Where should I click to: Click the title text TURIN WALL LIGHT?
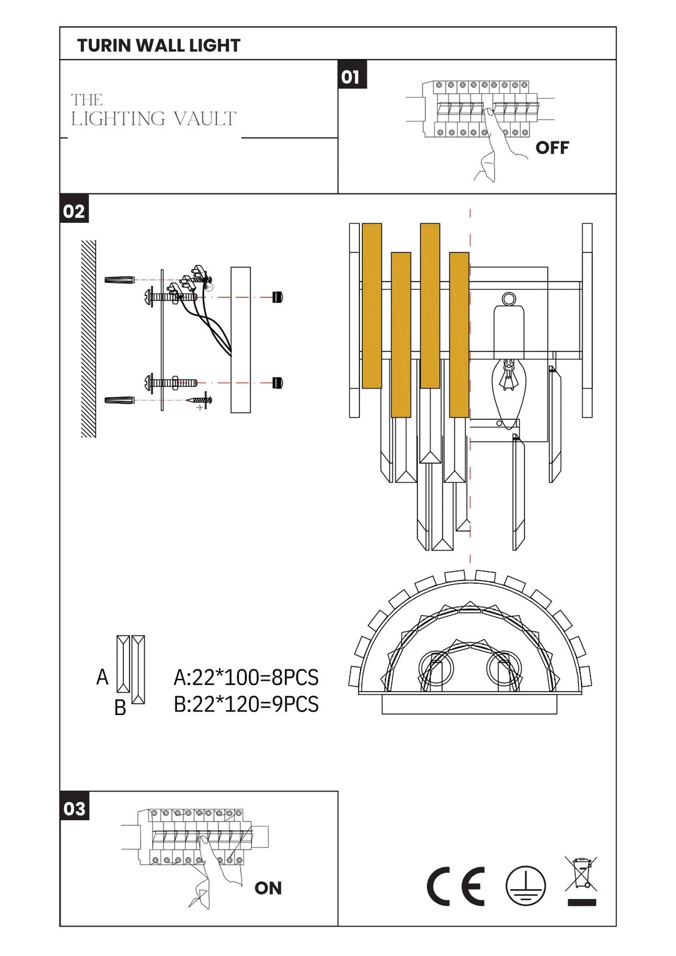(158, 46)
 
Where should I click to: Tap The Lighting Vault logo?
(153, 111)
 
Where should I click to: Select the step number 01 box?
(351, 76)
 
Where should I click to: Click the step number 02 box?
(74, 211)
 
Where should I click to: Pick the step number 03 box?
(74, 808)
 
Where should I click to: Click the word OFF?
(552, 148)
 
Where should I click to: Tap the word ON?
(268, 888)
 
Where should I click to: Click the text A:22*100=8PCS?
(246, 678)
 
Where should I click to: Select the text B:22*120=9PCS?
(246, 704)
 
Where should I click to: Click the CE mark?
(456, 887)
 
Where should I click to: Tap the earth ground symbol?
(526, 887)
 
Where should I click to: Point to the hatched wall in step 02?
(89, 338)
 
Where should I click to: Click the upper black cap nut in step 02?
(278, 297)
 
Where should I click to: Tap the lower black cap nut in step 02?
(278, 383)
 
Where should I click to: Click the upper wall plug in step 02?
(119, 279)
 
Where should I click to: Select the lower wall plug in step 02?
(119, 400)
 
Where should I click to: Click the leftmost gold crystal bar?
(372, 305)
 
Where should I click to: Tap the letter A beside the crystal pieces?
(103, 677)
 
